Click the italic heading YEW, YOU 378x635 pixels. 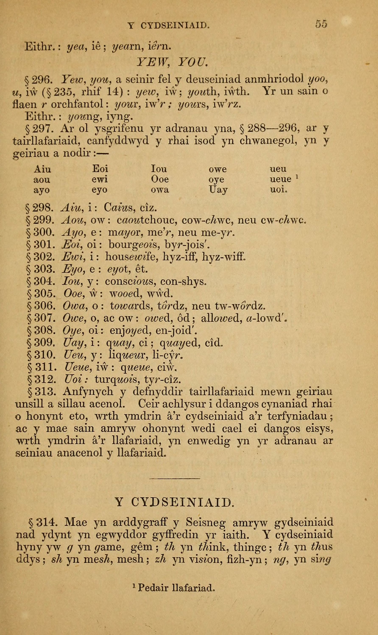172,61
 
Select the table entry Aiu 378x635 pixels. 42,169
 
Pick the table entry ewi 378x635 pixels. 100,180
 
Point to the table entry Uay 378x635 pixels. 218,190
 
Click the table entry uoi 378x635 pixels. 278,190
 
